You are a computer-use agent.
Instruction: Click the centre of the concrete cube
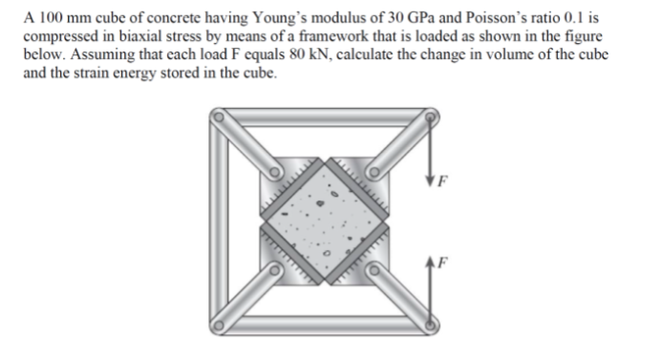(326, 222)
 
